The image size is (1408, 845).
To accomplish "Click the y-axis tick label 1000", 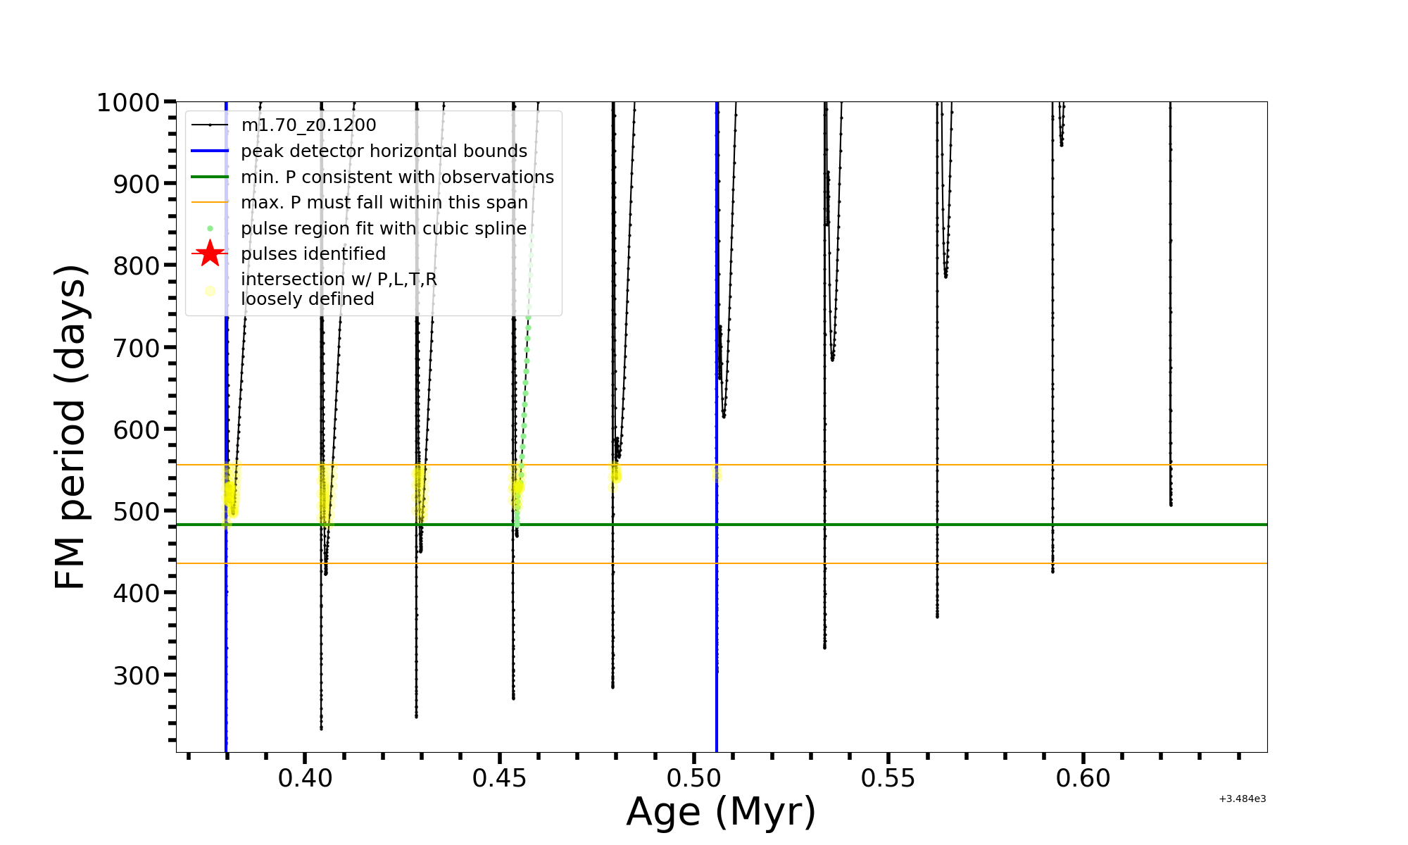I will coord(127,103).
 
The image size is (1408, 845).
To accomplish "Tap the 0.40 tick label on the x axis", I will coord(305,778).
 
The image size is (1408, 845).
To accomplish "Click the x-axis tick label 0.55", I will coord(888,778).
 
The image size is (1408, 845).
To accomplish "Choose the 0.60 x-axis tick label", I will coord(1083,778).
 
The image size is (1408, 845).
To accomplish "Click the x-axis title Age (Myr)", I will coord(721,812).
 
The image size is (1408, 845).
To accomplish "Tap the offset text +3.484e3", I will coord(1242,799).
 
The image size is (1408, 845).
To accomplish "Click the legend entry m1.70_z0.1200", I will coord(308,125).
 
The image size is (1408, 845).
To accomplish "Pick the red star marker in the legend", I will coord(210,254).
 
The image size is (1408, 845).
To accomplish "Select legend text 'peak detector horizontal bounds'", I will coord(384,151).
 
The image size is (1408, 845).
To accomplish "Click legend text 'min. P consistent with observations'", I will coord(397,177).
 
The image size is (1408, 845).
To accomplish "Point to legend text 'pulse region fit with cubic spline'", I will coord(384,229).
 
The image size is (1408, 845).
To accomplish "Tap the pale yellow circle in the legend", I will coord(210,291).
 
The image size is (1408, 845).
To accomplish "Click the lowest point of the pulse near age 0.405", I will coord(321,728).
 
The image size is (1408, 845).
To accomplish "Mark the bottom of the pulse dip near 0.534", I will coord(824,647).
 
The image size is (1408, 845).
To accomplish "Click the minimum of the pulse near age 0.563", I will coord(937,616).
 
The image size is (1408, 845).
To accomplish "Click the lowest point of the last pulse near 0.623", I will coord(1171,504).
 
